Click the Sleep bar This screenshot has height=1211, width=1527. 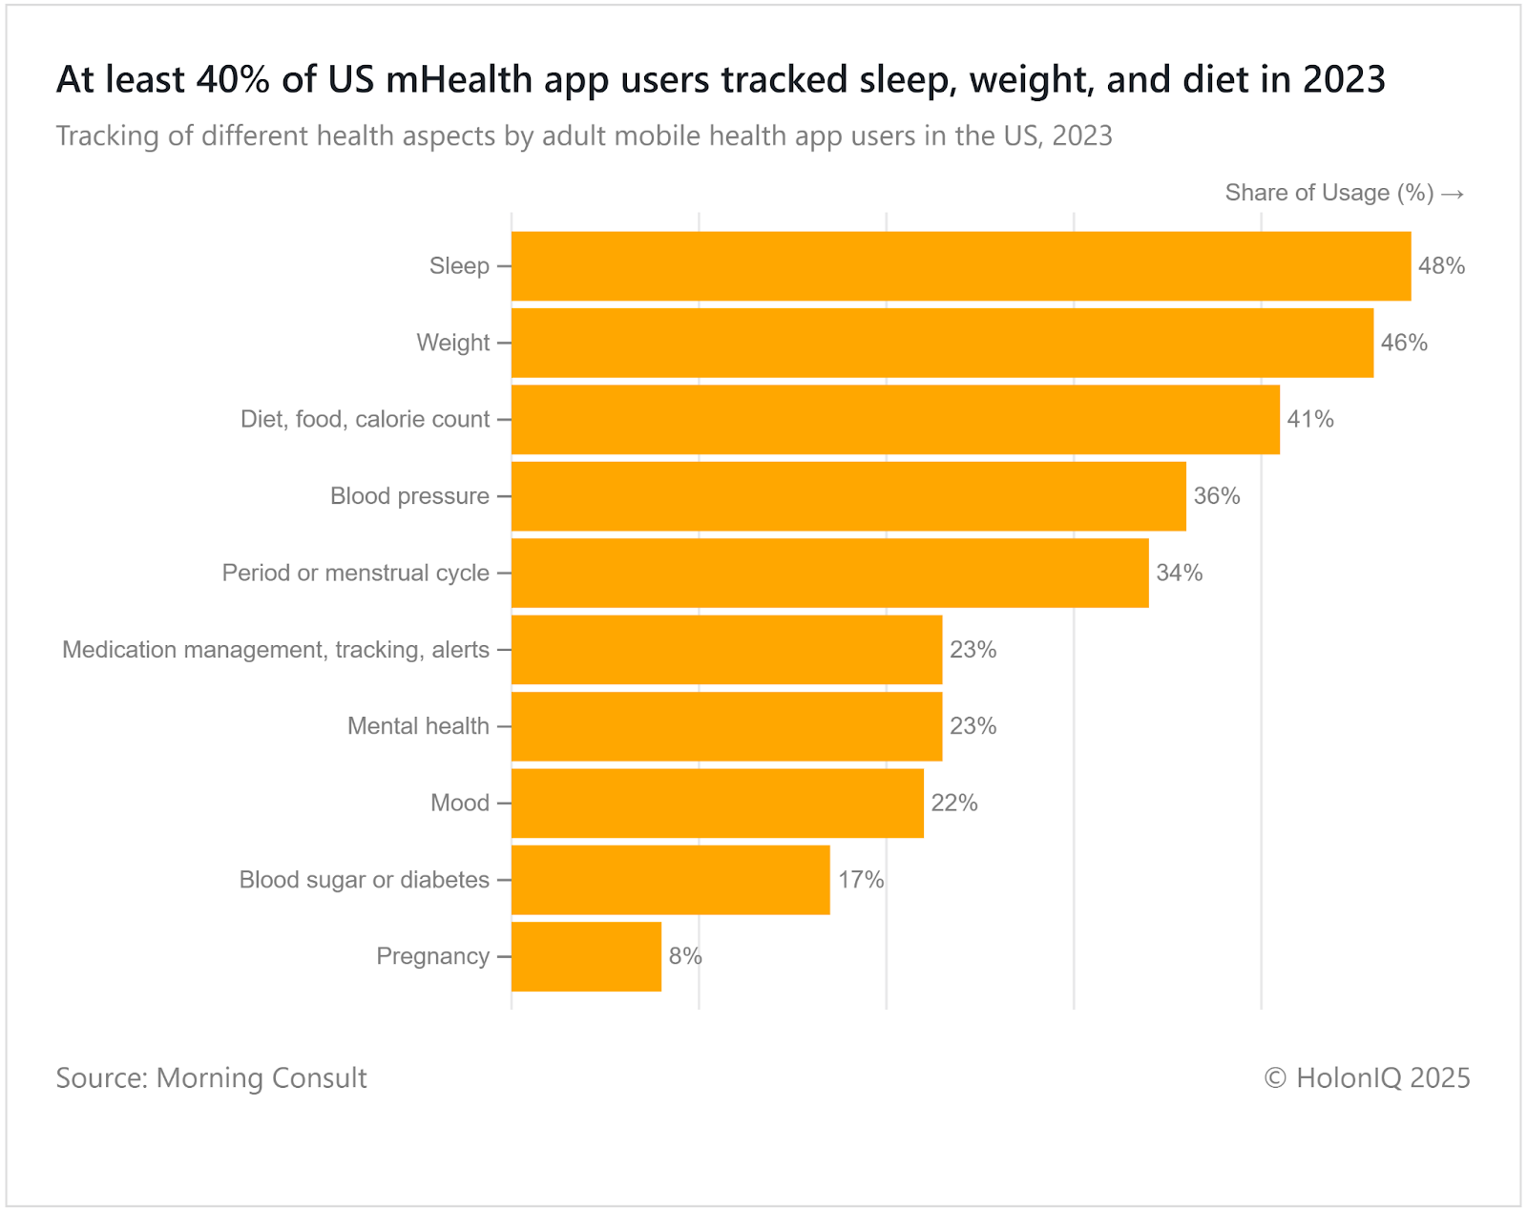point(961,266)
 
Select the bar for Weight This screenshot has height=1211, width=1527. point(942,343)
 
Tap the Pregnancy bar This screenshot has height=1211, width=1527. point(586,956)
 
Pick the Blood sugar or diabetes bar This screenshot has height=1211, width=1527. point(670,880)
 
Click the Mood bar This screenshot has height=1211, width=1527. point(717,804)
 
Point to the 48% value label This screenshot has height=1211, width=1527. point(1441,266)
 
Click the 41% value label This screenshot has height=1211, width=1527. point(1310,420)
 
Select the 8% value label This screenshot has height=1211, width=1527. point(685,956)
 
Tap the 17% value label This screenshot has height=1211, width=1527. point(861,880)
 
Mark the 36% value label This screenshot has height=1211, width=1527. point(1217,496)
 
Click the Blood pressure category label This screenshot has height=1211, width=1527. point(409,496)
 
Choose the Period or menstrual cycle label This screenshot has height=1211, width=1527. point(355,573)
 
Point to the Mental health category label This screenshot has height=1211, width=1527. point(418,726)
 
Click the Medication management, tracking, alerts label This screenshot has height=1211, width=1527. point(275,650)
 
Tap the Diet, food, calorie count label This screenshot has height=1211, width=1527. point(365,420)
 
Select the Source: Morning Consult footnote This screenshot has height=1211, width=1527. point(211,1078)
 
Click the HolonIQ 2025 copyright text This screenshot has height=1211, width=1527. point(1367,1078)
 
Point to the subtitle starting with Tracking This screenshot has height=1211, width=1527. point(584,136)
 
